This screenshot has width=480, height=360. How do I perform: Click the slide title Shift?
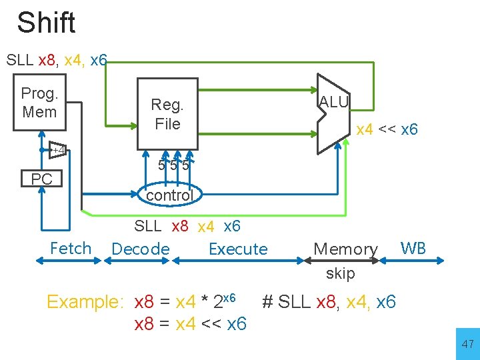[x=46, y=23]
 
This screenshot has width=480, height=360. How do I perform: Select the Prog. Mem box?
[x=40, y=103]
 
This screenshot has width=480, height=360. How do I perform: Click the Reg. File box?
[x=167, y=113]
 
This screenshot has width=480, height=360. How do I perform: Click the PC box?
[x=41, y=179]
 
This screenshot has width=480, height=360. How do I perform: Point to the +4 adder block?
[x=59, y=151]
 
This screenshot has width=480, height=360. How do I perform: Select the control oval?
[x=169, y=195]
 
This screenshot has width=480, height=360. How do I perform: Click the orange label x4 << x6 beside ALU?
[x=387, y=129]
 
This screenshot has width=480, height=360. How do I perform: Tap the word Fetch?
[x=71, y=249]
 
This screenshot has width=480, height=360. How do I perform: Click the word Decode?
[x=141, y=249]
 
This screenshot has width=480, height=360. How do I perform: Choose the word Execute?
[x=238, y=249]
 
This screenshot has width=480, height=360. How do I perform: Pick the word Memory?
[x=345, y=249]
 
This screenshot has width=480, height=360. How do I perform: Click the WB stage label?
[x=413, y=249]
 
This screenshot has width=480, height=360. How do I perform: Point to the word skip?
[x=341, y=273]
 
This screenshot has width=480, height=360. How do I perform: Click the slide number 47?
[x=467, y=344]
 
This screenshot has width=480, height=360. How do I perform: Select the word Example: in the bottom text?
[x=85, y=302]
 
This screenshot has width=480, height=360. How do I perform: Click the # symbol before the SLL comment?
[x=267, y=302]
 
